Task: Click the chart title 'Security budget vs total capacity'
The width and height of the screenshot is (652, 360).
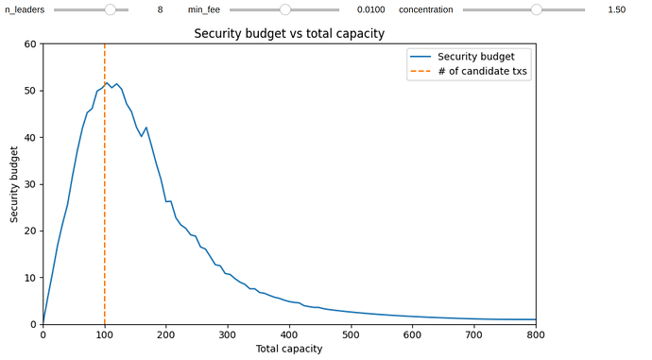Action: pos(289,32)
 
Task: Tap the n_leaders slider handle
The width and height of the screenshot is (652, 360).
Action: pos(111,9)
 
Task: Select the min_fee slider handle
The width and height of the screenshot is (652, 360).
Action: pos(285,9)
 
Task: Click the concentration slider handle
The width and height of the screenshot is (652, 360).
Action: pos(537,9)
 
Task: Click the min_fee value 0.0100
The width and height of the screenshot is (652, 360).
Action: pos(370,9)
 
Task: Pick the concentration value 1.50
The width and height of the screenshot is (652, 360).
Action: pos(616,9)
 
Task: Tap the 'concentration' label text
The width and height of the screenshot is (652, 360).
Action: pos(425,9)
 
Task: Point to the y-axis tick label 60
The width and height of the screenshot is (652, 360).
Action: pos(29,44)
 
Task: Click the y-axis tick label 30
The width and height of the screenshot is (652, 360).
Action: pos(29,184)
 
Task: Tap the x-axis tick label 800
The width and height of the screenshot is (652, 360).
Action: pos(536,334)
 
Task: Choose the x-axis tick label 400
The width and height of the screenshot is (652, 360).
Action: pos(289,334)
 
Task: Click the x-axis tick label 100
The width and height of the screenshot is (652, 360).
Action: pos(104,334)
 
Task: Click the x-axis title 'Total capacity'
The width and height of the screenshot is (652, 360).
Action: pos(289,349)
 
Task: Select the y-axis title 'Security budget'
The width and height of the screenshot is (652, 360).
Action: pos(14,184)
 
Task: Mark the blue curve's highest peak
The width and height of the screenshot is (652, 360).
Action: pos(106,83)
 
